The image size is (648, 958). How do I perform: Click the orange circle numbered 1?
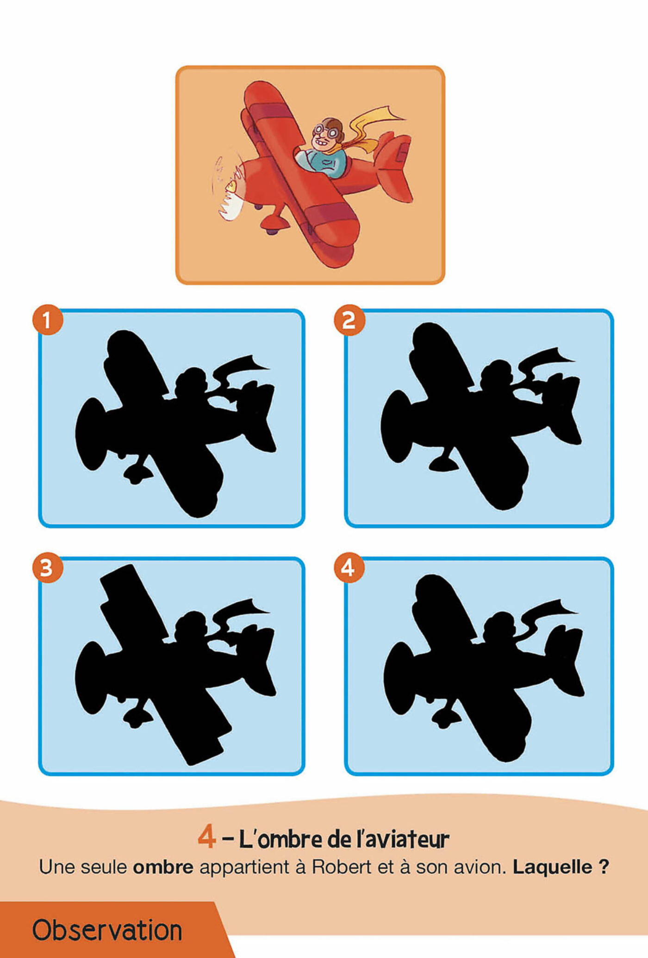[48, 320]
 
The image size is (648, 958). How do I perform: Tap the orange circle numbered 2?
[349, 320]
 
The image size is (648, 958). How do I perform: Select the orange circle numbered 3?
[48, 567]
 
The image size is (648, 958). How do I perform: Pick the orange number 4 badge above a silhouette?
[349, 567]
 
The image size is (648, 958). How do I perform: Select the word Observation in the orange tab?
[107, 930]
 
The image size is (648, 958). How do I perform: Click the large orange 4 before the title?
[206, 837]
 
